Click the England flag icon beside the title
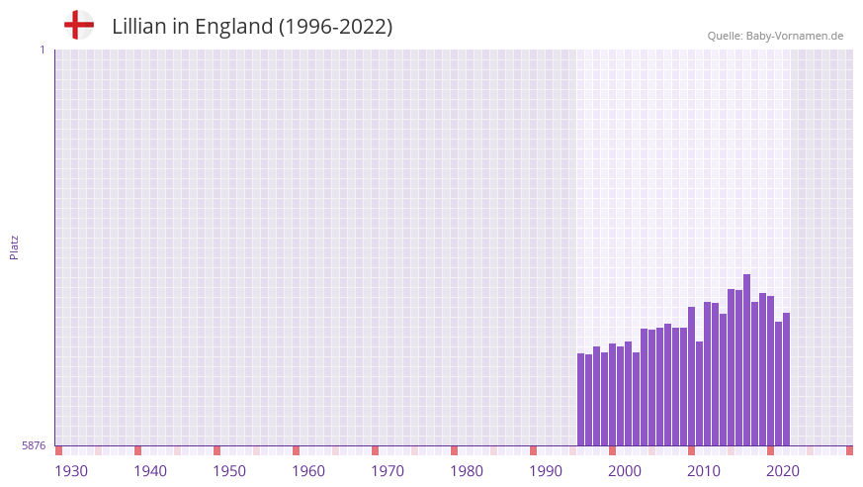pyautogui.click(x=79, y=25)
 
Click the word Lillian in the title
pyautogui.click(x=139, y=27)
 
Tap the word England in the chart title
pyautogui.click(x=232, y=27)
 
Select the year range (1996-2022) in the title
pyautogui.click(x=335, y=27)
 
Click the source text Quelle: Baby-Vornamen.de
pyautogui.click(x=775, y=36)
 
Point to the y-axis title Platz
pyautogui.click(x=14, y=246)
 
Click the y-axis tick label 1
pyautogui.click(x=42, y=49)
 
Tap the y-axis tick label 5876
pyautogui.click(x=34, y=445)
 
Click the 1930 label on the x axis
pyautogui.click(x=71, y=471)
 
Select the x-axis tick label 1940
pyautogui.click(x=150, y=471)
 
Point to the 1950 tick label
pyautogui.click(x=229, y=471)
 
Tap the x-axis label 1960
pyautogui.click(x=308, y=471)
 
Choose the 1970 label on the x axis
pyautogui.click(x=388, y=471)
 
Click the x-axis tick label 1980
pyautogui.click(x=467, y=471)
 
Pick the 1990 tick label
pyautogui.click(x=546, y=471)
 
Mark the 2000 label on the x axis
pyautogui.click(x=625, y=471)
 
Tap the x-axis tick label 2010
pyautogui.click(x=704, y=471)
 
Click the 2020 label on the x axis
pyautogui.click(x=783, y=471)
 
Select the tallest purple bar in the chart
pyautogui.click(x=747, y=360)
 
